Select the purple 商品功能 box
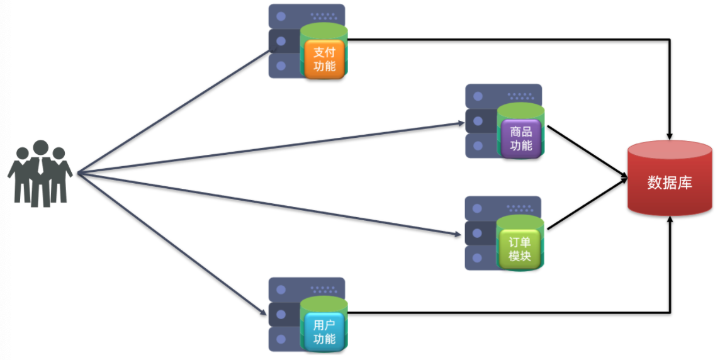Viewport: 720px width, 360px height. tap(520, 139)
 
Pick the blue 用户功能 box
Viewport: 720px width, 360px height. tap(324, 332)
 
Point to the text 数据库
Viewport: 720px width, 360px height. tap(670, 183)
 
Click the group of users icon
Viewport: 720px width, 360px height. tap(40, 172)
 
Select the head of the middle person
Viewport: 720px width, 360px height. tap(41, 148)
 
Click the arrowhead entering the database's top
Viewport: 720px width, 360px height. tap(671, 135)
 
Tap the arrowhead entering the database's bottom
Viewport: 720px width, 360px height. tap(671, 220)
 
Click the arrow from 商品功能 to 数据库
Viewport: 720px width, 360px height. tap(585, 152)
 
